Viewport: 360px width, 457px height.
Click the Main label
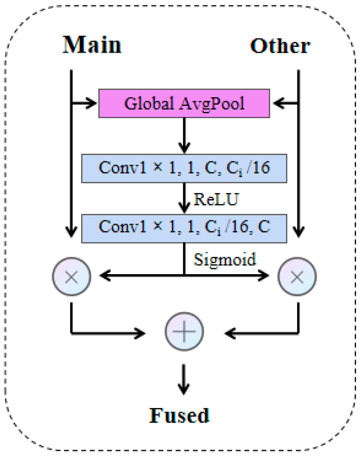coord(92,45)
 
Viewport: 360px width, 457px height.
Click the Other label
coord(280,46)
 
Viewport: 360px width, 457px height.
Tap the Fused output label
coord(179,415)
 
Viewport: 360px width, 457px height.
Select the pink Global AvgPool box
coord(184,103)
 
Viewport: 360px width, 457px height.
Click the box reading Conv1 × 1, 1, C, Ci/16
coord(184,168)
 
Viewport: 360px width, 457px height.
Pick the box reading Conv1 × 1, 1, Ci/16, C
coord(184,228)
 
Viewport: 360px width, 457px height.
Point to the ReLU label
coord(216,199)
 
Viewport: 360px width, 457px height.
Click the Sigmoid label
coord(224,259)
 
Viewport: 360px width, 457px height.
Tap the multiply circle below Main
coord(71,276)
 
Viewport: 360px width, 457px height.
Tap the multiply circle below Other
coord(297,276)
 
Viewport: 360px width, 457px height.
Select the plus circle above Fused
coord(184,332)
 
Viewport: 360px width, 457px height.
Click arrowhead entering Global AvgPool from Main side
coord(91,103)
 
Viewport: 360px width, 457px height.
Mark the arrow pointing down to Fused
coord(184,380)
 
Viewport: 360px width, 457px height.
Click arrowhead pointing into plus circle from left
coord(141,333)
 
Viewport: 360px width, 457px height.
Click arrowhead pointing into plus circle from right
coord(229,333)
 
